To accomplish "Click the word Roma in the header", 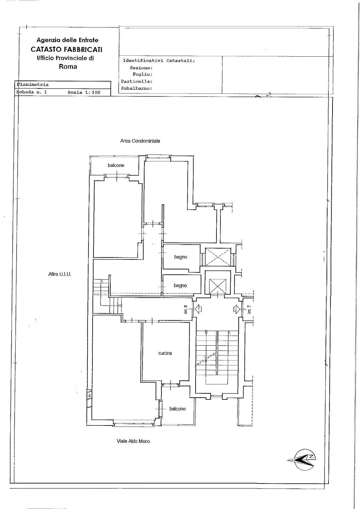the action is click(68, 67).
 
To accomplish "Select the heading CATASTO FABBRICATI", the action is click(67, 49).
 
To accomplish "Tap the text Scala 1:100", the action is click(84, 92).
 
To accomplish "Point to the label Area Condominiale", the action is click(140, 141).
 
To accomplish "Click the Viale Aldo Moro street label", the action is click(133, 441).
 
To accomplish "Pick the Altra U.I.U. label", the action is click(60, 274).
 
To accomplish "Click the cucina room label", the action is click(165, 353).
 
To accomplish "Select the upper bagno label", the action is click(181, 257).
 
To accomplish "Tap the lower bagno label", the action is click(180, 286).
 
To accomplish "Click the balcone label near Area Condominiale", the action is click(116, 165).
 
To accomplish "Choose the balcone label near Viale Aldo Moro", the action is click(177, 409).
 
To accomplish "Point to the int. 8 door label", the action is click(186, 310).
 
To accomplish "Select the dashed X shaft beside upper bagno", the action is click(218, 257).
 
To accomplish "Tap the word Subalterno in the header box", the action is click(136, 88).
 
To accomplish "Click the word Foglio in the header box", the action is click(143, 74).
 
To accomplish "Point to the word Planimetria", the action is click(32, 85).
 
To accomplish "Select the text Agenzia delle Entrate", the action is click(68, 40).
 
